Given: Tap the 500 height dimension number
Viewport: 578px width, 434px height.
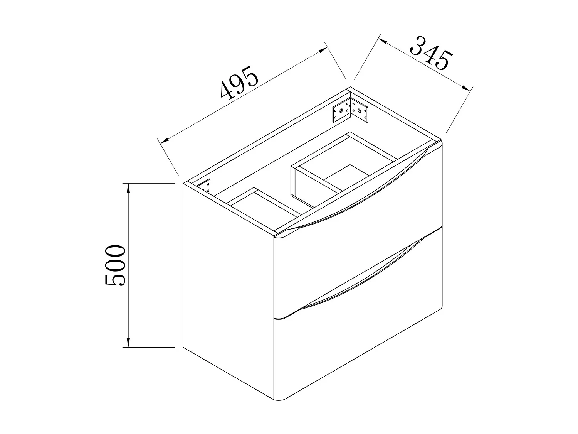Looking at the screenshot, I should [x=115, y=265].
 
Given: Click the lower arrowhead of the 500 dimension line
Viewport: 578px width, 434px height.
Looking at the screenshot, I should [x=128, y=343].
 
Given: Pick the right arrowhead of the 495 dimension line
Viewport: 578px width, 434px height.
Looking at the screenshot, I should [x=323, y=51].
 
